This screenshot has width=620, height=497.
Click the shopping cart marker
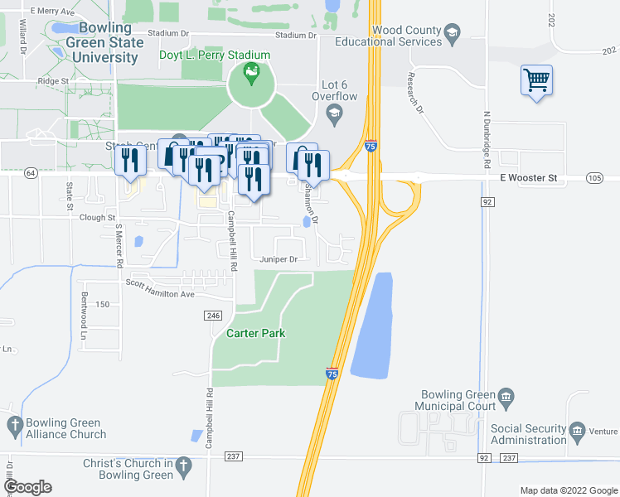click(537, 81)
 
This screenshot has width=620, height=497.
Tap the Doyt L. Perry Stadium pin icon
click(249, 75)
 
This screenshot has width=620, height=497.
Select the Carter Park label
click(256, 333)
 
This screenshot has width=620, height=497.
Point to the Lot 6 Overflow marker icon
click(333, 114)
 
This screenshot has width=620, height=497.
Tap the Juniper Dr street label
click(279, 259)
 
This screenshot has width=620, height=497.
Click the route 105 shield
click(594, 178)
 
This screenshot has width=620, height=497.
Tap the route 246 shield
click(213, 316)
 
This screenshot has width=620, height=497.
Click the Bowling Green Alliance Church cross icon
click(14, 426)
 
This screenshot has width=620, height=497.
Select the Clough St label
click(98, 218)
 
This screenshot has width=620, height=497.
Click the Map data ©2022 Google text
click(568, 490)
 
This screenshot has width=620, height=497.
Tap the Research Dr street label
click(415, 93)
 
